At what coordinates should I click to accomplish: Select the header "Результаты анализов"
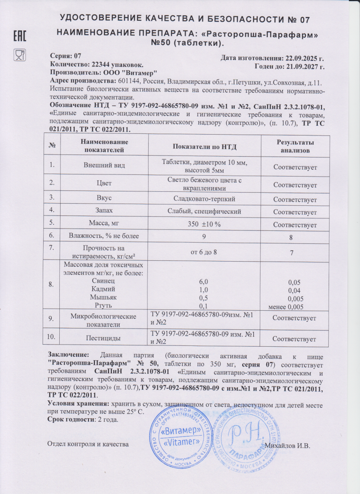pos(295,146)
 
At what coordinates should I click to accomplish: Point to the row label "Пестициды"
pos(104,339)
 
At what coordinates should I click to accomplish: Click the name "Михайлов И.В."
pos(290,445)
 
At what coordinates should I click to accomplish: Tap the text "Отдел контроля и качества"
pos(88,444)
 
